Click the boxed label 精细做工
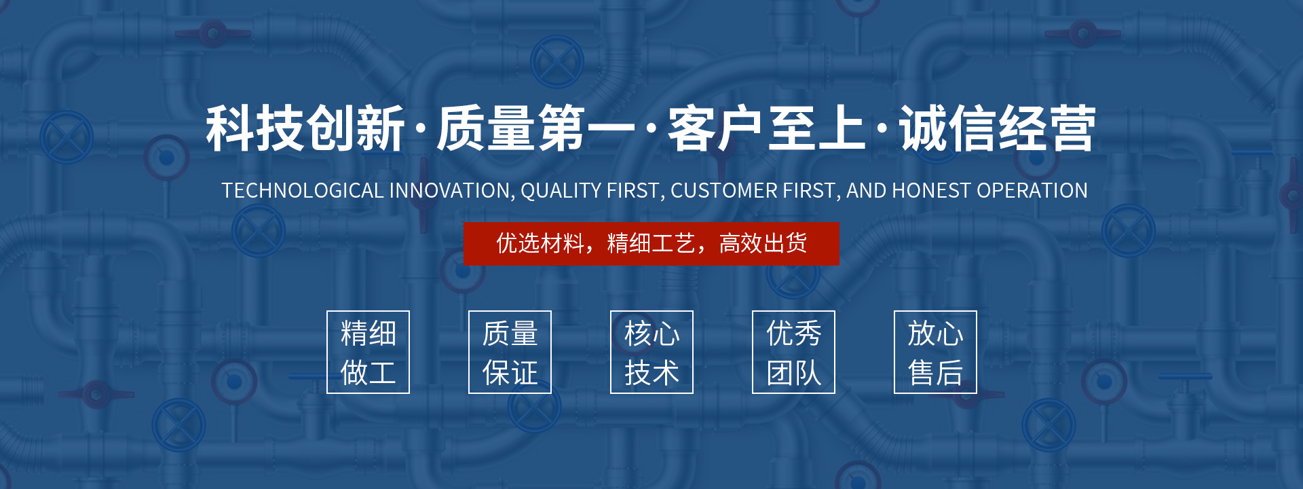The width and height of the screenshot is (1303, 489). [x=368, y=352]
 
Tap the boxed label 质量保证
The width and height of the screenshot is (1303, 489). [x=510, y=352]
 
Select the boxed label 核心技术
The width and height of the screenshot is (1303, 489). [x=651, y=352]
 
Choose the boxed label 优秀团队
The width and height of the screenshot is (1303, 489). [x=793, y=352]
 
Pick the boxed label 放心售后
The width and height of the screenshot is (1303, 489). [x=935, y=352]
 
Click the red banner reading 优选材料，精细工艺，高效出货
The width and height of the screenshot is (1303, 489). [x=651, y=244]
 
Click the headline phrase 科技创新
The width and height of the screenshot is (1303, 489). [x=306, y=128]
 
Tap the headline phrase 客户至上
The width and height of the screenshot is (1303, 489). [x=767, y=128]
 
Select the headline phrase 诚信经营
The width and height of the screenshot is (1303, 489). [x=998, y=128]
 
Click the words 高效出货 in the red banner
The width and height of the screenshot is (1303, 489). [x=763, y=243]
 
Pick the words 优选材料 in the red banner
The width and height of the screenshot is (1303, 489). [x=540, y=243]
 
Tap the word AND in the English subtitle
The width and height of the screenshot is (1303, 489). [x=866, y=191]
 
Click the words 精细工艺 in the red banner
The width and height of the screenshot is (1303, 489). [x=651, y=243]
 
